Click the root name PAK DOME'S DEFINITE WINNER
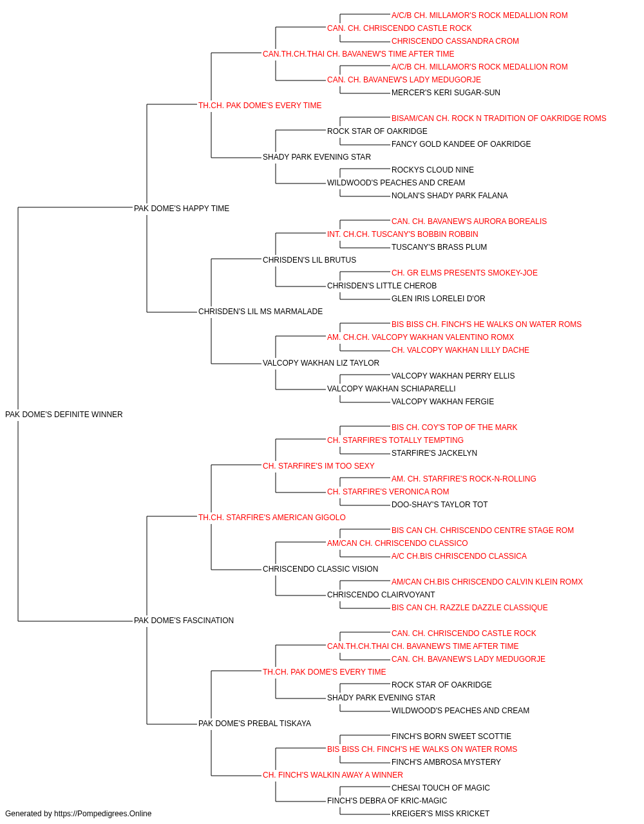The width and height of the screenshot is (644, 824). click(x=64, y=414)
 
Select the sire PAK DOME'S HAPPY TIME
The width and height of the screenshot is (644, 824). click(x=182, y=208)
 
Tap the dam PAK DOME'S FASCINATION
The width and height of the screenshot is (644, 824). click(x=184, y=621)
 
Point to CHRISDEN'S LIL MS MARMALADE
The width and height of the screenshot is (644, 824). click(x=260, y=312)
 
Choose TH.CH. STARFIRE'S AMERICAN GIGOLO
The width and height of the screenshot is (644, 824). click(x=272, y=517)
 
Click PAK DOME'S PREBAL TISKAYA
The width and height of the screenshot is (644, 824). click(x=254, y=723)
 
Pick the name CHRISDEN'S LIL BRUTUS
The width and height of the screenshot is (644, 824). click(x=309, y=259)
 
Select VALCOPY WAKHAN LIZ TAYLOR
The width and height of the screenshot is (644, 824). click(x=321, y=363)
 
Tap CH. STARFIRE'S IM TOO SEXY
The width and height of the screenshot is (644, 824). click(x=318, y=465)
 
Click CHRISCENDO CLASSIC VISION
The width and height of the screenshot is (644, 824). click(x=320, y=569)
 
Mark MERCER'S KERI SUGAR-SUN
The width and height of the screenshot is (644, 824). click(x=446, y=93)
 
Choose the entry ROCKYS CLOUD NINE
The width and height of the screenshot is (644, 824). click(x=432, y=169)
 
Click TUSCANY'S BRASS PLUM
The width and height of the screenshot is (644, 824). click(x=439, y=247)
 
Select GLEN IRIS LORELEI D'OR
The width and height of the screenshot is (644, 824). click(x=438, y=299)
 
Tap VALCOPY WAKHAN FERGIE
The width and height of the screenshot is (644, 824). click(x=442, y=401)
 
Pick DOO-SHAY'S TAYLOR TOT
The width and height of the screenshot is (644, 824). click(x=439, y=504)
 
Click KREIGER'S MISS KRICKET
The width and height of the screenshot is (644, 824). click(x=440, y=814)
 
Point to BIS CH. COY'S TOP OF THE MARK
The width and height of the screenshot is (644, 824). click(x=454, y=427)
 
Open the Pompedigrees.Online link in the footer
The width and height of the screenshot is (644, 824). click(x=102, y=814)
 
